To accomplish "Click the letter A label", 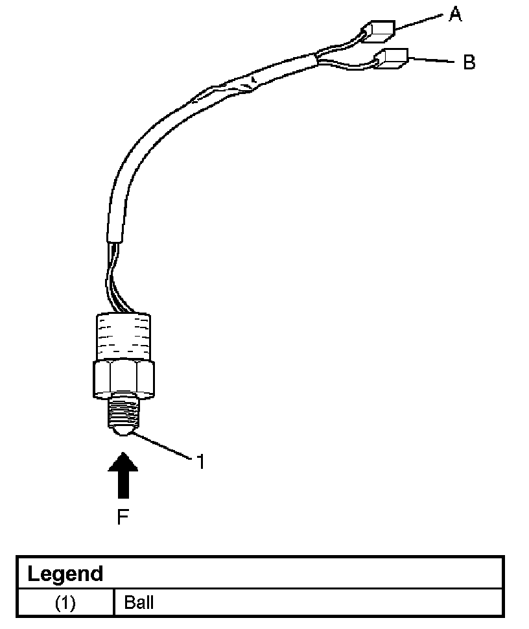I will coord(456,14).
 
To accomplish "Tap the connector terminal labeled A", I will coord(379,30).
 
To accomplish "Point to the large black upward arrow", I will coord(123,477).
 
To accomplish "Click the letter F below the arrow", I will coord(123,517).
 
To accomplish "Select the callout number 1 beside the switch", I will coord(200,462).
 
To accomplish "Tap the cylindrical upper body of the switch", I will coord(123,335).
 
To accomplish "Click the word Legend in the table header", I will coord(65,574).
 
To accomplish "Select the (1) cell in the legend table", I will coord(65,603).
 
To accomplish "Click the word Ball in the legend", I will coord(139,603).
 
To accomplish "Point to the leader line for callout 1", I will coord(162,447).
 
